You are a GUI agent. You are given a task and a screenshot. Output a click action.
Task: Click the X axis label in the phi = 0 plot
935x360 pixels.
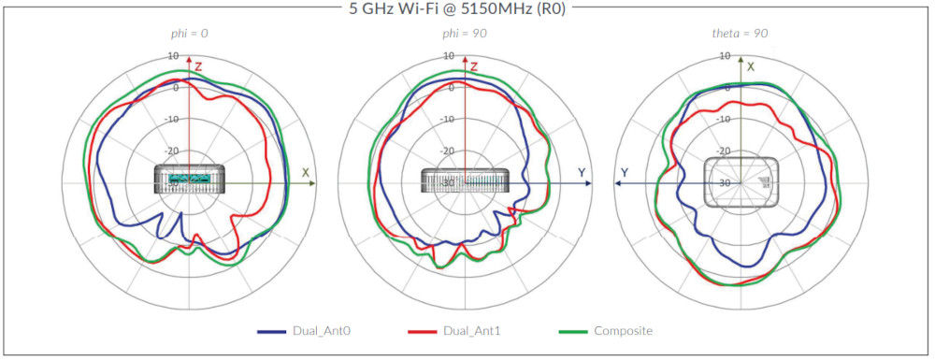(305, 172)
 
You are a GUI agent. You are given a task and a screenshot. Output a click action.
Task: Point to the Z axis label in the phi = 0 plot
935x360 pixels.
(198, 66)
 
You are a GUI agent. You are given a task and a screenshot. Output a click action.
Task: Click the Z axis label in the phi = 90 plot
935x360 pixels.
(475, 66)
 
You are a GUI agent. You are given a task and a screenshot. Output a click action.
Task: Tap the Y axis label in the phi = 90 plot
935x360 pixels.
(581, 172)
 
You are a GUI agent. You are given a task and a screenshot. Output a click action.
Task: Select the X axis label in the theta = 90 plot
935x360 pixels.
(750, 66)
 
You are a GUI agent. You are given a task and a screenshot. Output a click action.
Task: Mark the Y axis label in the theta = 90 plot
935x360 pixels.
(624, 172)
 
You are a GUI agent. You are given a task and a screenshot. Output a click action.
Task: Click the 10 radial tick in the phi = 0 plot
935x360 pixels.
(175, 56)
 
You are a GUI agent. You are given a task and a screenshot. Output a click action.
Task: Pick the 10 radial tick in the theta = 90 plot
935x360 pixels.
(725, 56)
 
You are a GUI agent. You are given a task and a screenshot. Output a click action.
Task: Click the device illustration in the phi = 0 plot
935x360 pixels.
(189, 179)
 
